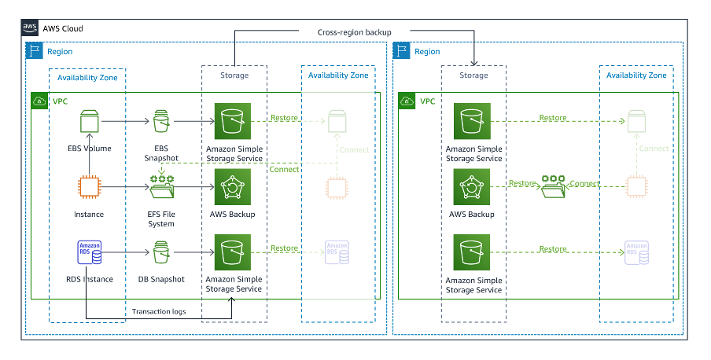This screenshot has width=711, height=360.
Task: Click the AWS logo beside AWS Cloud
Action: (x=31, y=28)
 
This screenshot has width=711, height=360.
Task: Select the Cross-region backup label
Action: (x=354, y=31)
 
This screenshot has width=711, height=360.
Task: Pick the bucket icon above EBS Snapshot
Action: (x=161, y=122)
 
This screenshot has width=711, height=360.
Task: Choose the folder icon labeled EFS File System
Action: (x=161, y=187)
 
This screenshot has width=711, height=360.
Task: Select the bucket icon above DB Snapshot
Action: (x=161, y=252)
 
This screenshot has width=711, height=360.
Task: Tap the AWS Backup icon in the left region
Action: (x=233, y=187)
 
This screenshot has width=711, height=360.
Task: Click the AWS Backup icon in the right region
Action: (x=473, y=187)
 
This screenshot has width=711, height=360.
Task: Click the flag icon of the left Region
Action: (x=35, y=52)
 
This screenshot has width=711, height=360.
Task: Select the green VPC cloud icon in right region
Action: (x=407, y=101)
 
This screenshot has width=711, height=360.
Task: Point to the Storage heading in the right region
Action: (x=473, y=75)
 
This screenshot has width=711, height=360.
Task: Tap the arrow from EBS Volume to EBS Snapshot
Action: (x=126, y=122)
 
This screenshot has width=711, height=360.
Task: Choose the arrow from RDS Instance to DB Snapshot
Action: (x=126, y=252)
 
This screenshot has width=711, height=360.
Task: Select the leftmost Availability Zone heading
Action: (x=87, y=75)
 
